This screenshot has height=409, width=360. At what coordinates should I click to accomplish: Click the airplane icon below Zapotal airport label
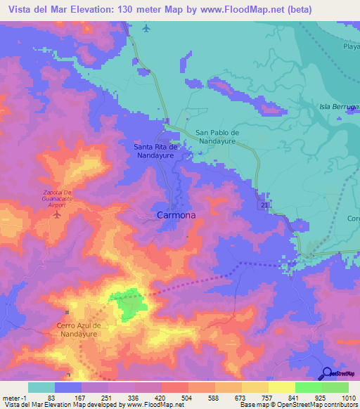click(56, 214)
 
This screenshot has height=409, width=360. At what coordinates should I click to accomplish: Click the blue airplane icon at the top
click(146, 28)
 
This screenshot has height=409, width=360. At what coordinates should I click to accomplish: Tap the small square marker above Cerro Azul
click(67, 312)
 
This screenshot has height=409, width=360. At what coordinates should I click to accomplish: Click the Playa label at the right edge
click(351, 46)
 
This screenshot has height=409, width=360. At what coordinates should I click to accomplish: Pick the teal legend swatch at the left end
click(41, 387)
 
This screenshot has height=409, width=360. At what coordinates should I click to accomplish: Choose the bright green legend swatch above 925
click(308, 387)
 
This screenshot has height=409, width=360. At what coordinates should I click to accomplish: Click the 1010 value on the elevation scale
click(340, 397)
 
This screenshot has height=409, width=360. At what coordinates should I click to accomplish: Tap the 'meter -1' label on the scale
click(13, 397)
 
